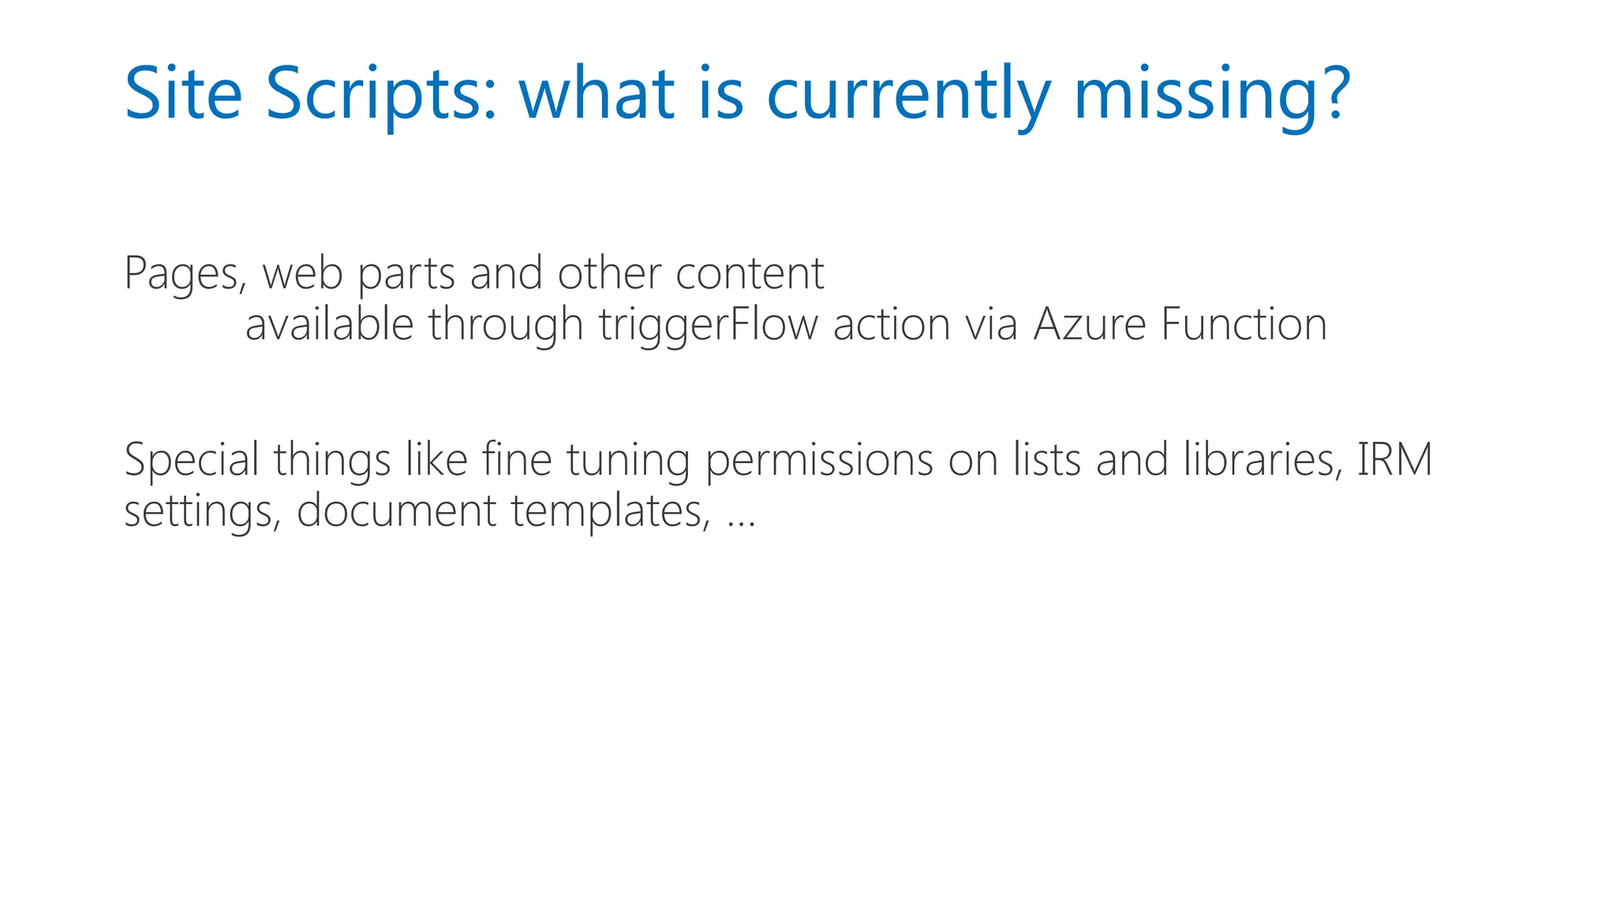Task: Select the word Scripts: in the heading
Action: click(381, 95)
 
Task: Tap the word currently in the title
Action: click(908, 95)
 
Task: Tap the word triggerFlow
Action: click(708, 325)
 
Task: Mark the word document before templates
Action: click(396, 511)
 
